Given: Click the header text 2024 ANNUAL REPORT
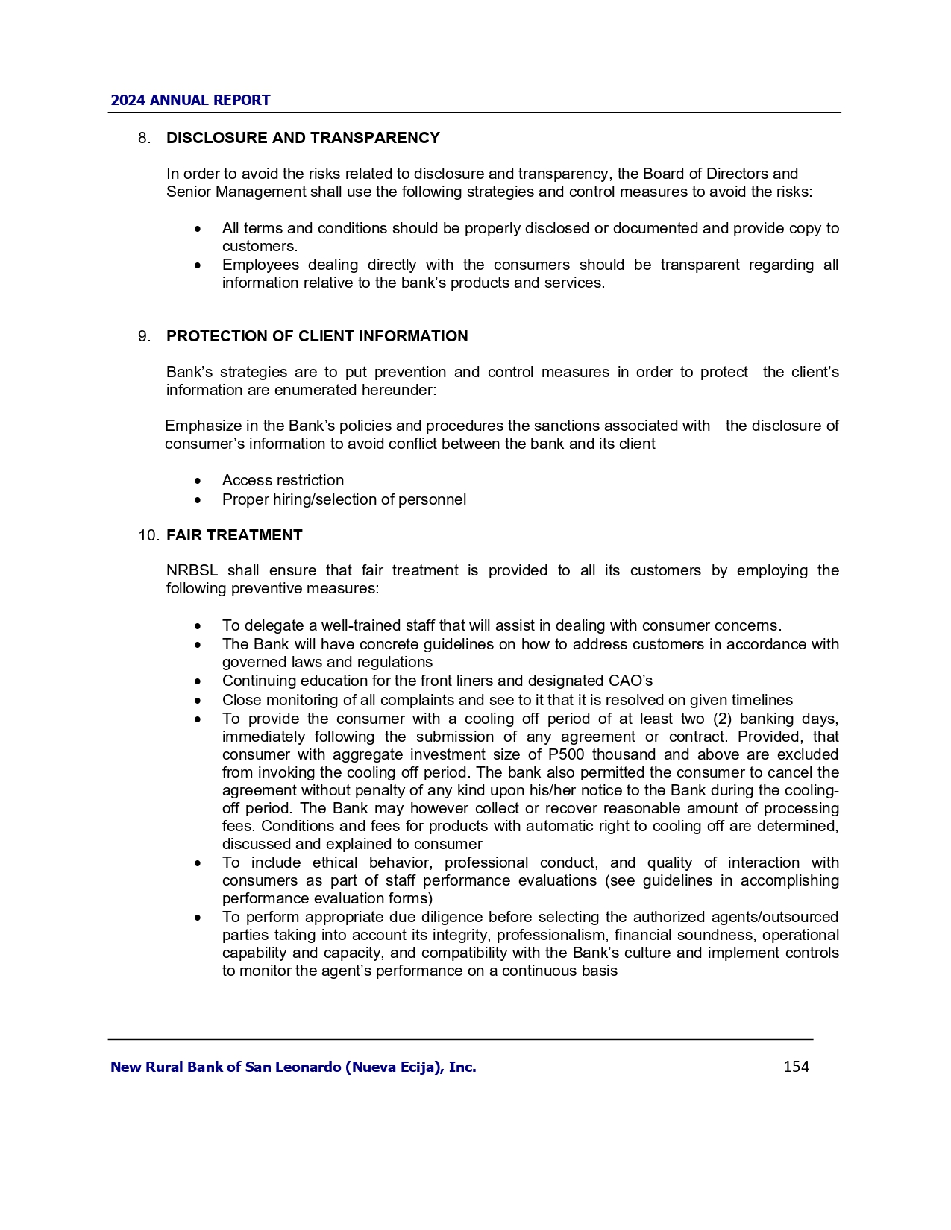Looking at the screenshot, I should pyautogui.click(x=190, y=101).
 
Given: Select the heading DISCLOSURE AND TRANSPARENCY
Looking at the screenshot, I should pyautogui.click(x=303, y=138).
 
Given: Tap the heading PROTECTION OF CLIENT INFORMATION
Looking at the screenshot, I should pyautogui.click(x=317, y=336).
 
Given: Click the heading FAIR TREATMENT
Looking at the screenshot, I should pyautogui.click(x=234, y=535).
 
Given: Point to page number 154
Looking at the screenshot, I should pyautogui.click(x=796, y=1067).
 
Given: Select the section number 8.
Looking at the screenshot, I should pyautogui.click(x=144, y=138).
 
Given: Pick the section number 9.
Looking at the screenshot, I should pyautogui.click(x=144, y=336).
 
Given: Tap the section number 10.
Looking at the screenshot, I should pyautogui.click(x=148, y=535).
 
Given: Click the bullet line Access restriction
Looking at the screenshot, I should pyautogui.click(x=283, y=481).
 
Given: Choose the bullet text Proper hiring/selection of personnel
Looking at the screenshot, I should pyautogui.click(x=344, y=499).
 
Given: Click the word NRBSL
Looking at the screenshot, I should pyautogui.click(x=192, y=571).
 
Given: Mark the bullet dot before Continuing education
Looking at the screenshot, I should pyautogui.click(x=198, y=681).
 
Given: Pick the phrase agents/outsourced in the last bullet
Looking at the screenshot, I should pyautogui.click(x=779, y=917).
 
